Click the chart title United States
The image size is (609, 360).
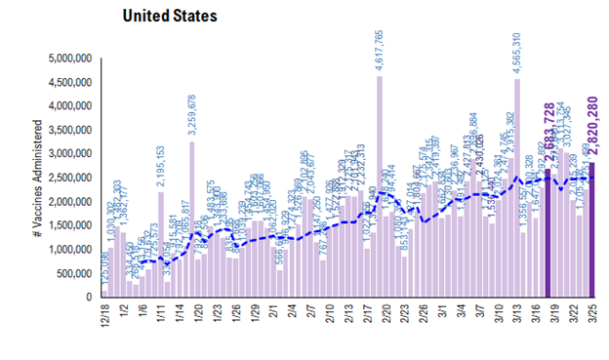(x=169, y=17)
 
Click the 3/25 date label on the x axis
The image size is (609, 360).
(x=590, y=314)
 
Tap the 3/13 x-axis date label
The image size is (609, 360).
(x=516, y=314)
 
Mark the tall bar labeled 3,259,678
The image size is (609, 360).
(x=192, y=220)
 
